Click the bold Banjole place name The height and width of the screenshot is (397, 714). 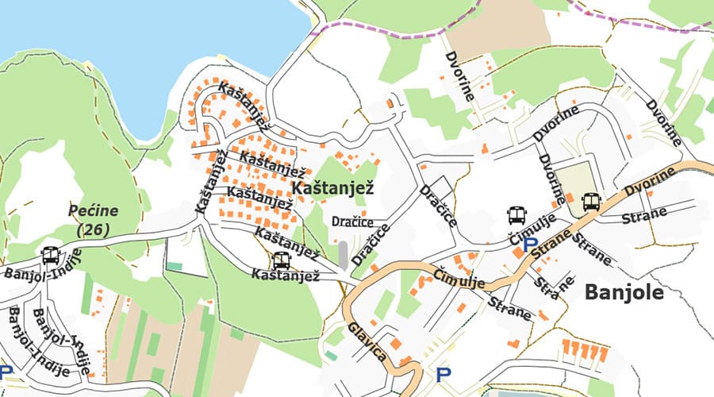(624, 293)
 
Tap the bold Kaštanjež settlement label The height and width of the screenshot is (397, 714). (332, 188)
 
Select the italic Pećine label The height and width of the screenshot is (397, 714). (93, 211)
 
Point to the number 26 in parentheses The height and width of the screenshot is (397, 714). (93, 229)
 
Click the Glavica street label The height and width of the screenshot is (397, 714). (367, 341)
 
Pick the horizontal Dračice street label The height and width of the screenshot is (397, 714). (353, 222)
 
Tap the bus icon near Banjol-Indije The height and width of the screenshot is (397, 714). (50, 256)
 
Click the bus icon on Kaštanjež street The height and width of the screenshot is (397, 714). (281, 260)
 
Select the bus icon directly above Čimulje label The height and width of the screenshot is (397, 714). (516, 214)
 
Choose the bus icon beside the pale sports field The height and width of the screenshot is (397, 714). (590, 202)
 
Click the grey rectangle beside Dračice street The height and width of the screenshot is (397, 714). (343, 254)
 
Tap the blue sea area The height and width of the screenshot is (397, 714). (119, 48)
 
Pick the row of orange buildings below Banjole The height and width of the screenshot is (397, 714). (585, 349)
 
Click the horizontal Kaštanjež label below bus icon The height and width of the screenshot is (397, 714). (285, 276)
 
